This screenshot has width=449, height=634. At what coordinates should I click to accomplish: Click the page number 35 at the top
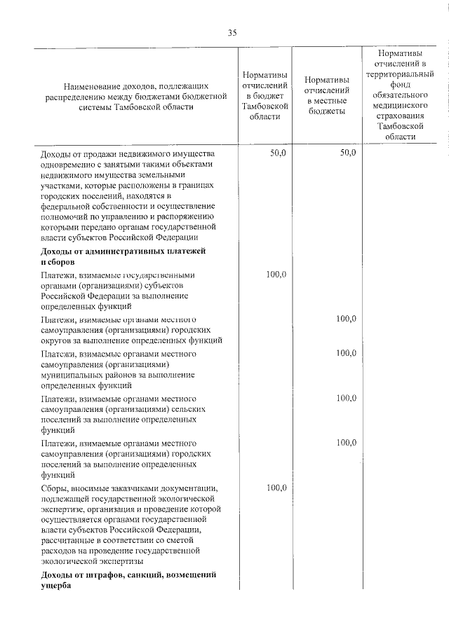(x=232, y=33)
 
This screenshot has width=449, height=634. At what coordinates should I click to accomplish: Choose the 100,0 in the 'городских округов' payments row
(x=346, y=319)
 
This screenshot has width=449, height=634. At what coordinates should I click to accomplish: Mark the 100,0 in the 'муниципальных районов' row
(x=346, y=353)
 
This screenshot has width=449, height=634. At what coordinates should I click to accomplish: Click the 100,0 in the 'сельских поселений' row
(x=346, y=398)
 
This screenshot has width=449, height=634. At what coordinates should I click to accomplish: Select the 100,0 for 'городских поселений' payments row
(x=346, y=443)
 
